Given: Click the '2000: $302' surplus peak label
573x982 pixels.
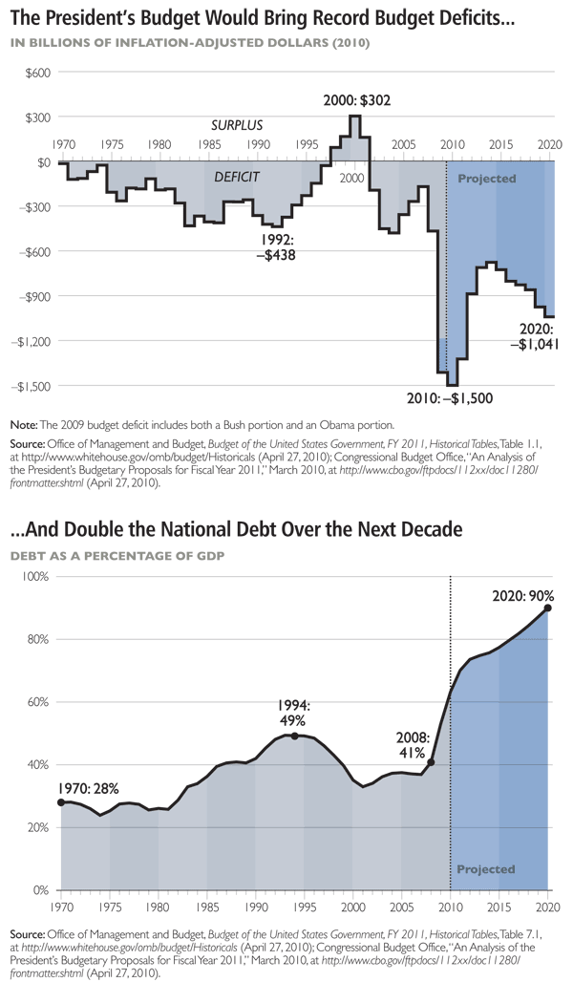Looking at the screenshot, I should (355, 100).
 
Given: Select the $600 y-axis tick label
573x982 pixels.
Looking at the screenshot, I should (38, 74).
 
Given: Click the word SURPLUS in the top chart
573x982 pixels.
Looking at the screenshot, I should (237, 125).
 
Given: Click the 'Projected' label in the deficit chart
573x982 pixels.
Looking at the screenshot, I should (487, 179).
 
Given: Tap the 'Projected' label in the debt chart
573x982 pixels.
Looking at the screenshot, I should (486, 869).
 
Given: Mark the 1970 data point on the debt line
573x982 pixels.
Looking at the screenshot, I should (61, 802).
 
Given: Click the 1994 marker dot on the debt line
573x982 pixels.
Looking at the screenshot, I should (294, 736).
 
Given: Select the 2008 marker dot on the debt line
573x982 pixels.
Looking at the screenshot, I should (431, 762).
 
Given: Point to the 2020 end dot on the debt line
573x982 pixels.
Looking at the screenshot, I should (548, 608).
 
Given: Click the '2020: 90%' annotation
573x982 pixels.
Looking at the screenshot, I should (520, 592).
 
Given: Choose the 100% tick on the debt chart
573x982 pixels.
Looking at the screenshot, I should (36, 578).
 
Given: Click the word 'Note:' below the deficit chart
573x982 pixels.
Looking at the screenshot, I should (22, 424).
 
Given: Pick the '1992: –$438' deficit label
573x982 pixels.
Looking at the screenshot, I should (278, 247).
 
